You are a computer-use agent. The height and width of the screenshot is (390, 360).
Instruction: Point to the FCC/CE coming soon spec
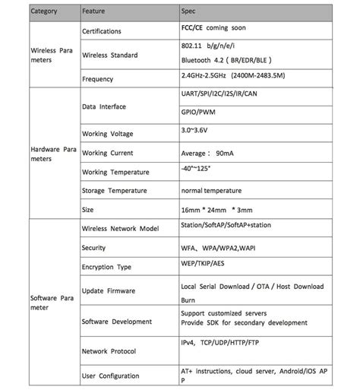coord(213,28)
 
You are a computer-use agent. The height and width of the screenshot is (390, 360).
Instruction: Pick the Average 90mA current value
coord(207,153)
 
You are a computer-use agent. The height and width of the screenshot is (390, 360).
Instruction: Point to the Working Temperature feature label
coord(115,173)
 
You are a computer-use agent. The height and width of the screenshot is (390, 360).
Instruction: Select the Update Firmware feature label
coord(108,290)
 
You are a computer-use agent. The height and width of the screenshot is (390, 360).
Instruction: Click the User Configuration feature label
coord(110,376)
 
